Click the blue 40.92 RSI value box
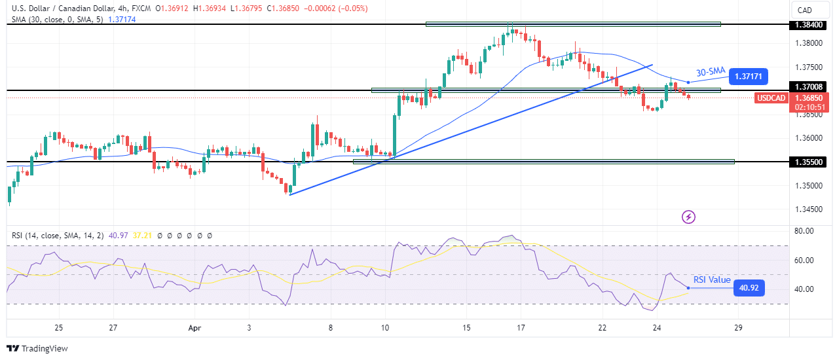[x=749, y=287]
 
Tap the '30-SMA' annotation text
[x=710, y=72]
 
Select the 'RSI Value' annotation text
[x=712, y=280]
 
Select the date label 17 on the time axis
[x=521, y=327]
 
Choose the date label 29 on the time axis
[x=738, y=327]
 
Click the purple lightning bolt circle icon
[x=688, y=216]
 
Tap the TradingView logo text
[x=37, y=349]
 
